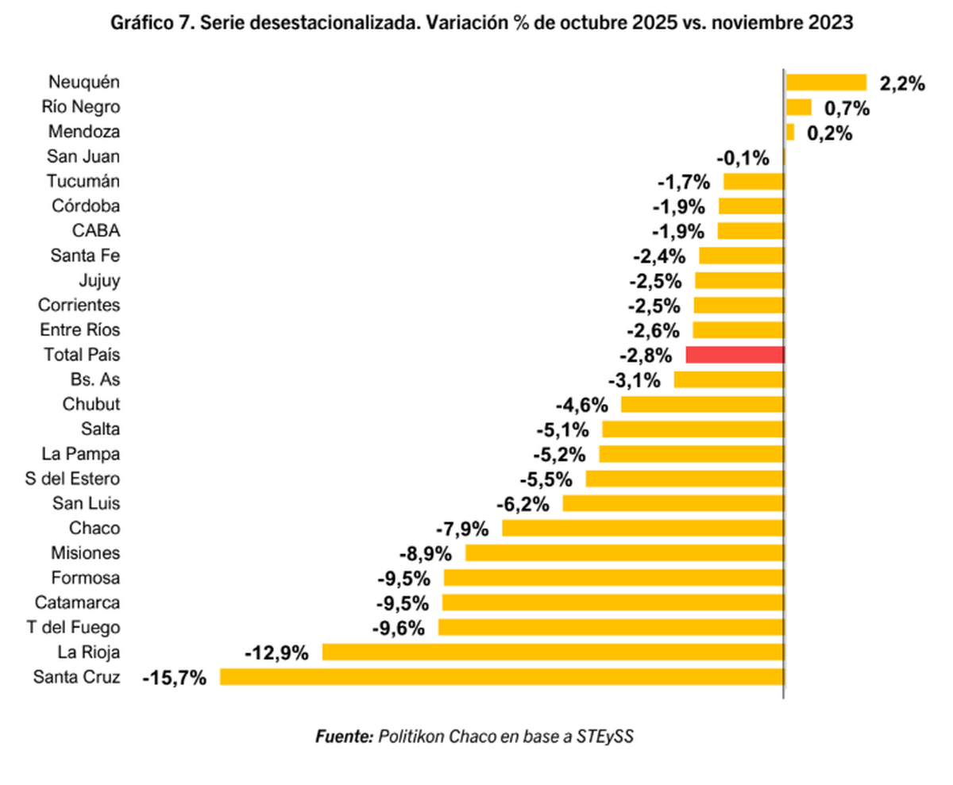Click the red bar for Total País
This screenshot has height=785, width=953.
pos(735,355)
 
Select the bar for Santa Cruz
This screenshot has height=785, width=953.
pos(501,677)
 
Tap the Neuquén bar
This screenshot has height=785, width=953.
pos(825,83)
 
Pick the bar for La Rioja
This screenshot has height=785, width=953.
pos(553,652)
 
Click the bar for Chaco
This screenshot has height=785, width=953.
pos(642,529)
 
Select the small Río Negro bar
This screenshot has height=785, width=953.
pos(798,107)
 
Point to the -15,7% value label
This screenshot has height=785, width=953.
pos(175,678)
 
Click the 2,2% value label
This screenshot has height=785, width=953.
pos(902,83)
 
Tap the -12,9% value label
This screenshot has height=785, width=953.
pos(276,653)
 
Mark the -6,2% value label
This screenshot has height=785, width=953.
pos(523,504)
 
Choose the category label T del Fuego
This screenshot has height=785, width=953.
pos(73,628)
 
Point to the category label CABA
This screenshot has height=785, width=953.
pos(96,231)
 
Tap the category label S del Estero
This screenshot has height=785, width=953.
pos(73,479)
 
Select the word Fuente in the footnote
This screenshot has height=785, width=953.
pos(344,736)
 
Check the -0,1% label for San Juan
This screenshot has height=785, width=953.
pos(743,158)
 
